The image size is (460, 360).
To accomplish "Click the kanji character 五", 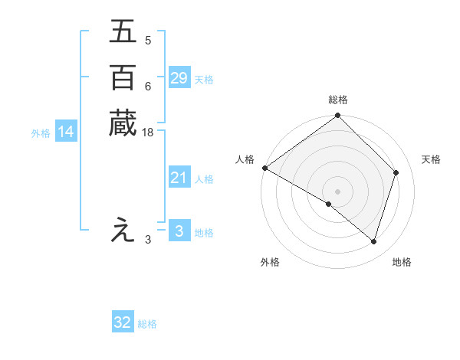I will (x=123, y=33).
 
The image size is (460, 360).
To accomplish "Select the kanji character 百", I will (x=123, y=78).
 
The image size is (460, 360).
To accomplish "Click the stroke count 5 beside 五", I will (x=147, y=41).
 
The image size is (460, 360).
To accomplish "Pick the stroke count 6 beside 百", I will (x=147, y=87).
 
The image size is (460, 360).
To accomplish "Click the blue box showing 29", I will (x=179, y=78).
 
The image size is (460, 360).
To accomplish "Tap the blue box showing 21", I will (x=179, y=178).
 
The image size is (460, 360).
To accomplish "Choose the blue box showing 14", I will (x=66, y=133).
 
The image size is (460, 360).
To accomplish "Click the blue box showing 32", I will (x=123, y=323).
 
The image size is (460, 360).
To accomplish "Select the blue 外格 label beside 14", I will (x=41, y=133).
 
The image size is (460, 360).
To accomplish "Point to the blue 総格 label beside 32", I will (x=147, y=324).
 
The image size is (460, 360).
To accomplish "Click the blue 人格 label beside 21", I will (x=205, y=179).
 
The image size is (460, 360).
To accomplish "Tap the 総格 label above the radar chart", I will (x=338, y=100).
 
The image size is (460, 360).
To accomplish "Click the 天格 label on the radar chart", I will (x=432, y=159).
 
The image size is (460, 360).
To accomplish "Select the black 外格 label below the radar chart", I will (x=270, y=262).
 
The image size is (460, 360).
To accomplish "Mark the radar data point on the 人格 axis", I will (x=264, y=168).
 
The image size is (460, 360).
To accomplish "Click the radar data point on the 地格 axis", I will (x=374, y=242).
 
